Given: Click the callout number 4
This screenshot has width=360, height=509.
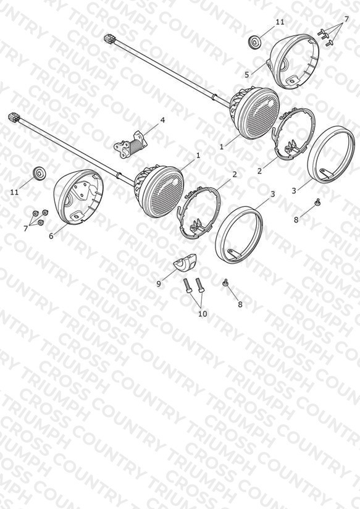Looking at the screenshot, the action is (162, 120).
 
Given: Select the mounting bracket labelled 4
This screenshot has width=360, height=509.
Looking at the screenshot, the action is (130, 145).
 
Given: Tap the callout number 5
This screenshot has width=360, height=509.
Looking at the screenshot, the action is (247, 75).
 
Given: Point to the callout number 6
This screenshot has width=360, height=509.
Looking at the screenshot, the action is (51, 236).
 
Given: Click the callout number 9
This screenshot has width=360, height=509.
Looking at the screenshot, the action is (159, 284).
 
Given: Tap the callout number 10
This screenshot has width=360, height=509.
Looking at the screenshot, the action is (203, 314).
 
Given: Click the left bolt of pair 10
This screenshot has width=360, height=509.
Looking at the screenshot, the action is (188, 287).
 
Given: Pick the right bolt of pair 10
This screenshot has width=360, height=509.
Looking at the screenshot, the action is (199, 286).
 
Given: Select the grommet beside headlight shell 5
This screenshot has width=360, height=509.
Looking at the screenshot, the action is (254, 43).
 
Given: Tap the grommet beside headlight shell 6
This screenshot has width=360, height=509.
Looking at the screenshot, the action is (40, 173).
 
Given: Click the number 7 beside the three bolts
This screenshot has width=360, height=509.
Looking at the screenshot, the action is (346, 19).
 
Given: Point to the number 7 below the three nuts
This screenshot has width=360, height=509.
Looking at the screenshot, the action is (26, 229).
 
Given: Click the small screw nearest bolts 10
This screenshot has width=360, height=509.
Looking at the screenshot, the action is (225, 283).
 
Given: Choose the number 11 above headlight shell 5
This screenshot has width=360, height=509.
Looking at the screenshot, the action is (280, 22).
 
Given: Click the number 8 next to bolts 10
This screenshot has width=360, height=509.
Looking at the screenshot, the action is (240, 304).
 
